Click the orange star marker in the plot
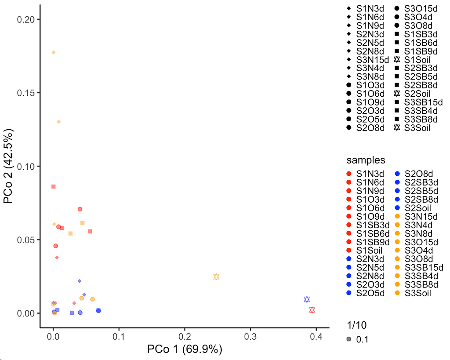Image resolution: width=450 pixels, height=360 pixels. tap(216, 276)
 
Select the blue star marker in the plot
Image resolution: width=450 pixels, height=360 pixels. tap(307, 299)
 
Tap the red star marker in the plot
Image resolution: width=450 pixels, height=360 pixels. tap(312, 310)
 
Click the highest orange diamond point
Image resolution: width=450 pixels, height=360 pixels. tap(54, 52)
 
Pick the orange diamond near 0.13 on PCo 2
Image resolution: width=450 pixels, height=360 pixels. tap(59, 122)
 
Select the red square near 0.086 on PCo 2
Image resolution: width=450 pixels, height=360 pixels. tap(54, 186)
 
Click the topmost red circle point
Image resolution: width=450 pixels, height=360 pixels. tap(80, 209)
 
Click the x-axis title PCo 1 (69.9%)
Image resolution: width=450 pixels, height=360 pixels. tap(185, 350)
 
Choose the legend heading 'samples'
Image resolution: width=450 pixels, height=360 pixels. tap(366, 160)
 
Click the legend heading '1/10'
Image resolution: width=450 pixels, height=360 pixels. tap(356, 325)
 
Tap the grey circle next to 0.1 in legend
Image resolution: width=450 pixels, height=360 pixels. tap(348, 339)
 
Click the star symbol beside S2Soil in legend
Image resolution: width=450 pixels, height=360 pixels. tap(396, 93)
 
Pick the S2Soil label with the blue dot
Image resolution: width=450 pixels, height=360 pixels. tap(417, 207)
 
